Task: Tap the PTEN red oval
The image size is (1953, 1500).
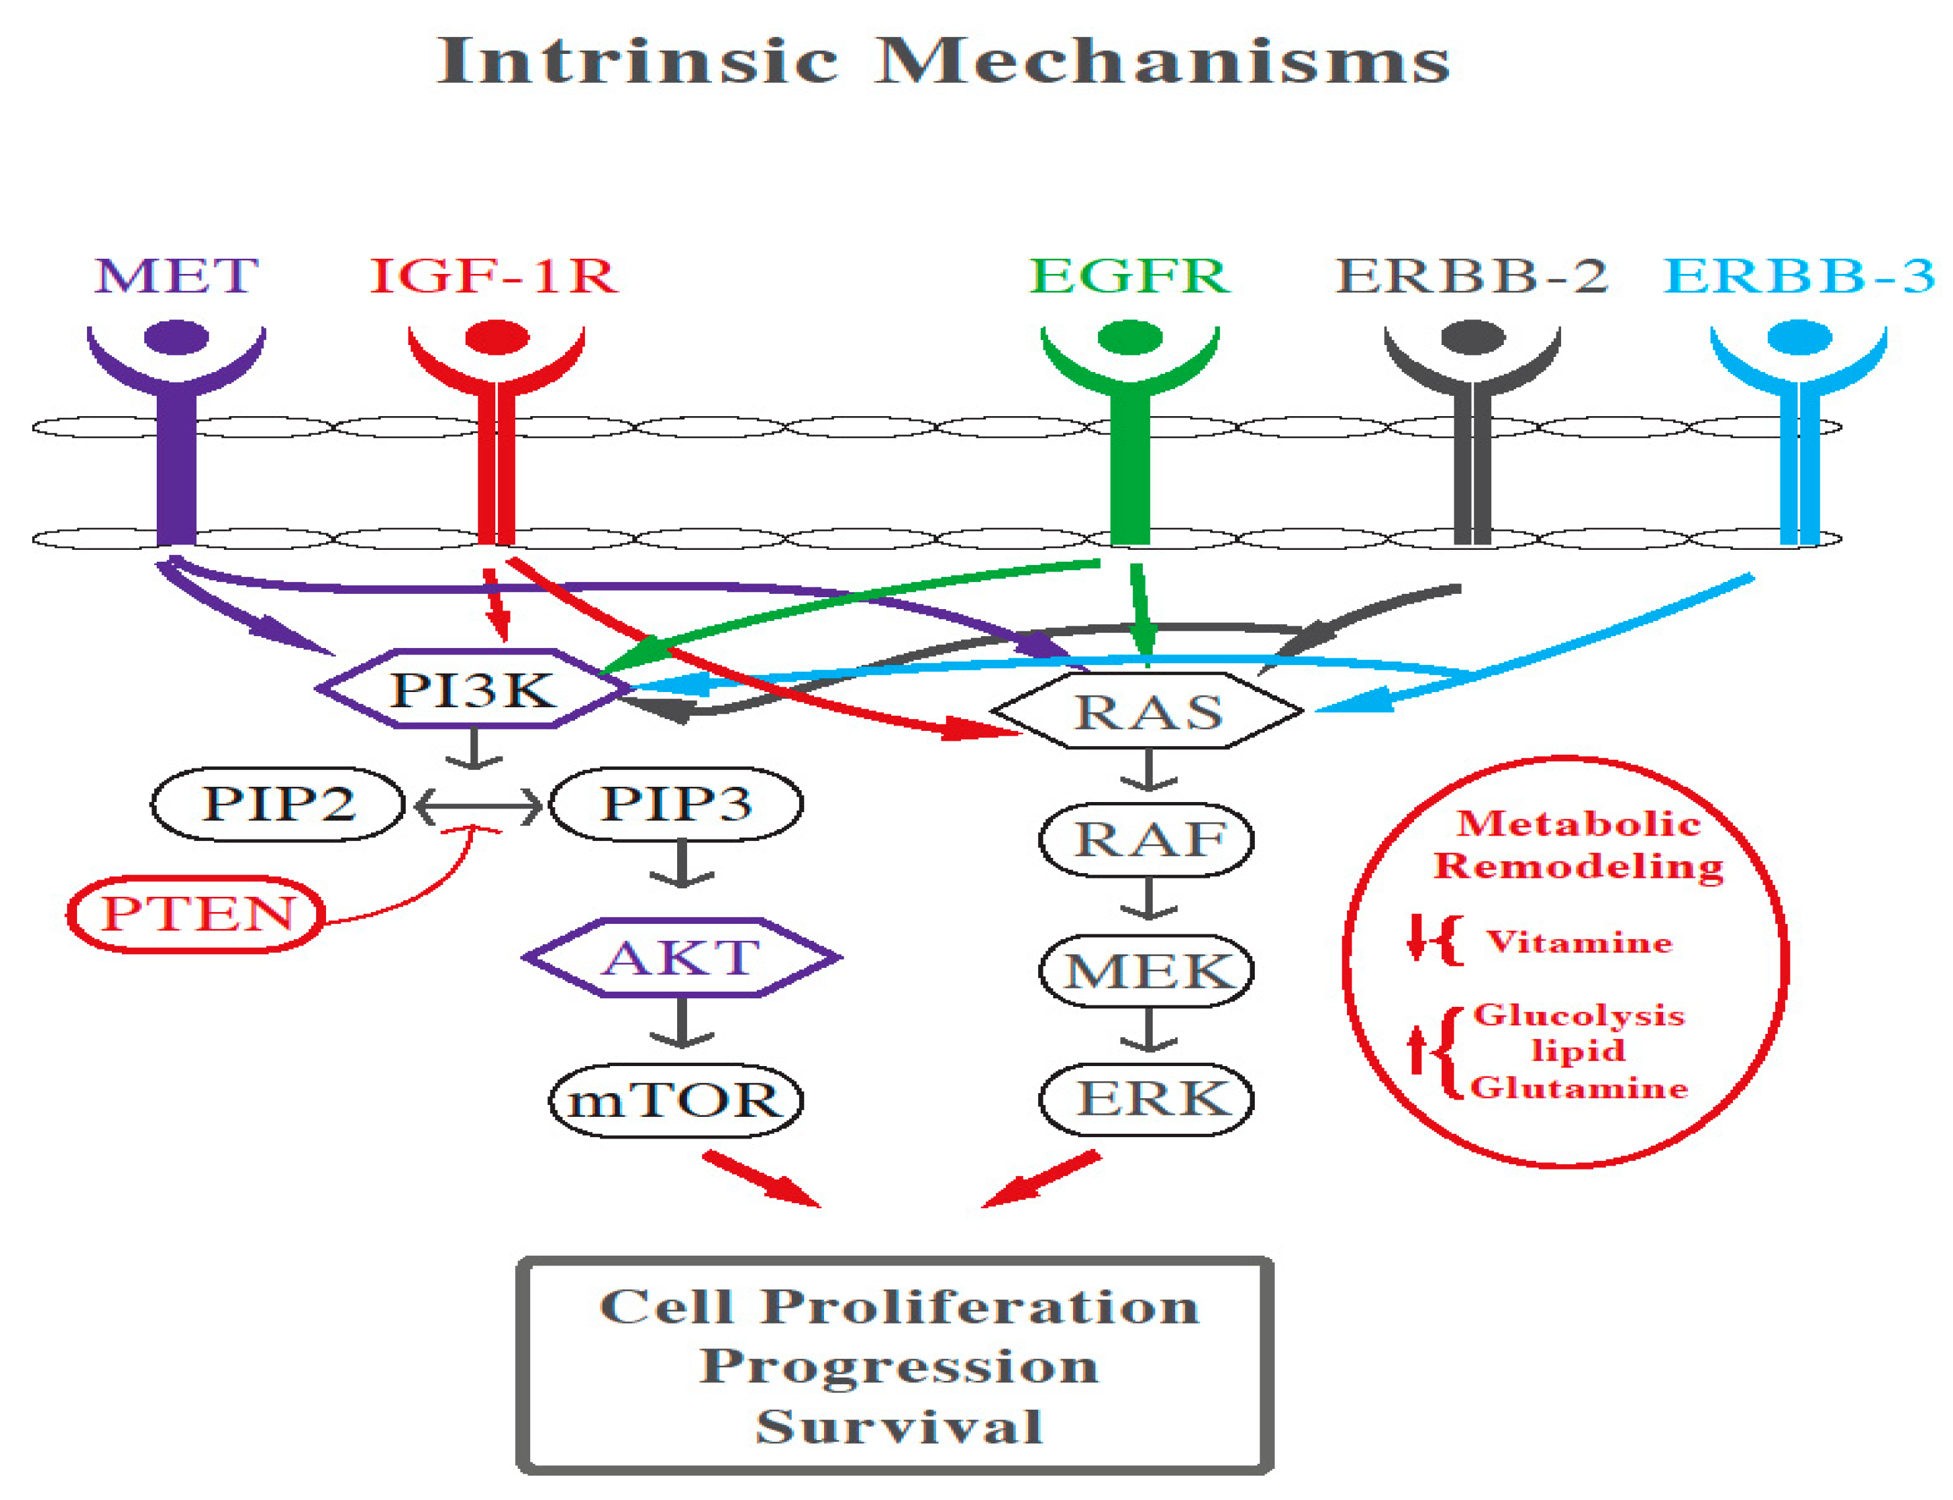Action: tap(196, 913)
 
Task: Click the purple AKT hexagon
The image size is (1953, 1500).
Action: tap(680, 957)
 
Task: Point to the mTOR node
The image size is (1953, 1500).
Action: tap(675, 1100)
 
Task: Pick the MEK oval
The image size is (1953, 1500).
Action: tap(1147, 971)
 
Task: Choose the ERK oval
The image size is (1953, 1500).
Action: tap(1147, 1099)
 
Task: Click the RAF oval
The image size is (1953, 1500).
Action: tap(1147, 840)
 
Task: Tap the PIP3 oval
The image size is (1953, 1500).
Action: tap(675, 803)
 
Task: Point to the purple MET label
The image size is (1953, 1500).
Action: tap(176, 275)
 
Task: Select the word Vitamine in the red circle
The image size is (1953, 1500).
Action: tap(1578, 943)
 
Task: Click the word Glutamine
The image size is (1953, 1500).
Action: tap(1578, 1088)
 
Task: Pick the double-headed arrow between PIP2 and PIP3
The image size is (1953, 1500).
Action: tap(478, 808)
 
